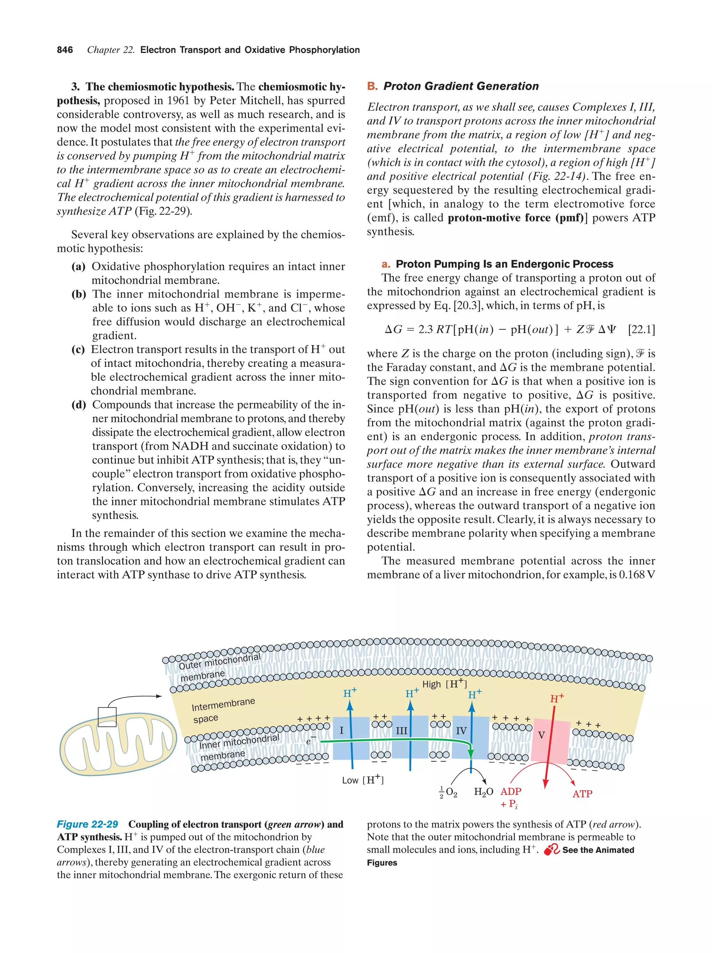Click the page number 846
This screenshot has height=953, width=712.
[x=65, y=50]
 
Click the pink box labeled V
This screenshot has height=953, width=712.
[x=550, y=740]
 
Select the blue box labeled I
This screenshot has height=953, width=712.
[x=351, y=737]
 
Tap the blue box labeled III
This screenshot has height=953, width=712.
[x=409, y=737]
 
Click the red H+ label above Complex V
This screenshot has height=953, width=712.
[x=557, y=698]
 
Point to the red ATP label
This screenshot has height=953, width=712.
[x=582, y=794]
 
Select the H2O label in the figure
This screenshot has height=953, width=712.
[x=483, y=792]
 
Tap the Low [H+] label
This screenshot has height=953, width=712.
[x=362, y=780]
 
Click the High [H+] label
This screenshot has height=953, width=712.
[x=445, y=684]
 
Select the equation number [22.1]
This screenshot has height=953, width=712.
[x=641, y=330]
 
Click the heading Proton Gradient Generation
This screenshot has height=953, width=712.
[x=461, y=86]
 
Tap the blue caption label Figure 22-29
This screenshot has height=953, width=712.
[x=88, y=824]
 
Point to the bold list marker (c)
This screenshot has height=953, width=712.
[x=78, y=349]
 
